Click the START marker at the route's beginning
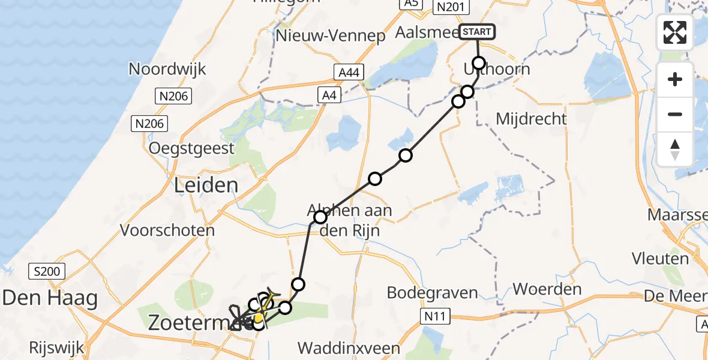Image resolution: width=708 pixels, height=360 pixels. (478, 32)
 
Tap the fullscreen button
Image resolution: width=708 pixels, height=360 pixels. (675, 32)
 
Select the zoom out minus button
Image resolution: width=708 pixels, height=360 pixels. (675, 114)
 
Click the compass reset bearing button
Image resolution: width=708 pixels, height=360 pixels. (675, 149)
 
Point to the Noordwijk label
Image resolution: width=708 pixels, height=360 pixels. (167, 69)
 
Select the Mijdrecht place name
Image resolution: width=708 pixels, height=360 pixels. (531, 118)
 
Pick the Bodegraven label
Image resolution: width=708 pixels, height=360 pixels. (433, 293)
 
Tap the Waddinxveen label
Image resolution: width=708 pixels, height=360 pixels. (349, 349)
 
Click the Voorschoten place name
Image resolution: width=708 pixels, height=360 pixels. (167, 230)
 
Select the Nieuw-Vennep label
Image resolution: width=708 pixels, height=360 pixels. (331, 36)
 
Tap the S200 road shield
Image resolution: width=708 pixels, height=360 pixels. (47, 271)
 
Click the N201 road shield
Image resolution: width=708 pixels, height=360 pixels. (451, 7)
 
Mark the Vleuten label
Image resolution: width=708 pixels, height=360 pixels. (660, 259)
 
